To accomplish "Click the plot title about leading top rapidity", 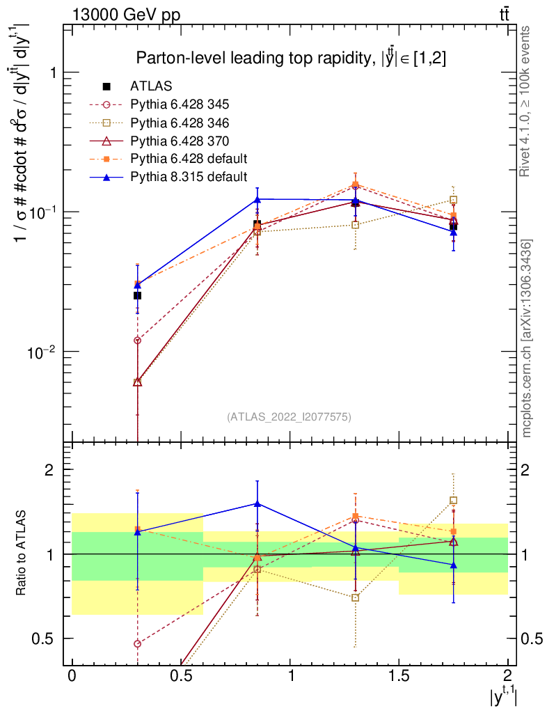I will click(291, 58).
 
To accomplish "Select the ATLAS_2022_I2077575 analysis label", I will click(289, 417).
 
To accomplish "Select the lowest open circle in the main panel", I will click(138, 340).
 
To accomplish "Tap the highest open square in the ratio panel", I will click(453, 500).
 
